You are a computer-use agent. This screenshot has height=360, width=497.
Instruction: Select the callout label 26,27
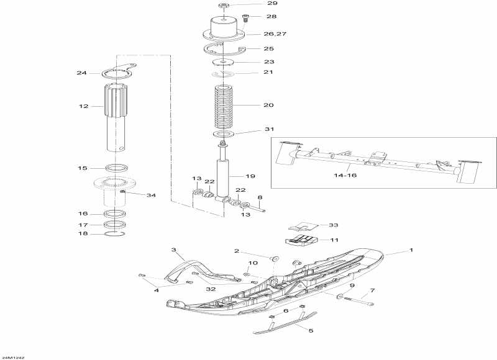pyautogui.click(x=258, y=34)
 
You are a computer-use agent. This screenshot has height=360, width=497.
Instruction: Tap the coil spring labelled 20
pyautogui.click(x=226, y=106)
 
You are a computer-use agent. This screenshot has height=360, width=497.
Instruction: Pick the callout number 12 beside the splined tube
pyautogui.click(x=84, y=106)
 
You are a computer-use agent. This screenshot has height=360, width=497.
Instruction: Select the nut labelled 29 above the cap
pyautogui.click(x=224, y=6)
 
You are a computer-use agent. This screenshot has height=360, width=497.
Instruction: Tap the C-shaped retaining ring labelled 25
pyautogui.click(x=225, y=50)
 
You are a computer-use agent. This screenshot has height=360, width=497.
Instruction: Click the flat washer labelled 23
pyautogui.click(x=225, y=62)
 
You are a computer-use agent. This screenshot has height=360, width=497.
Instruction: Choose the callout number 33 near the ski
pyautogui.click(x=334, y=225)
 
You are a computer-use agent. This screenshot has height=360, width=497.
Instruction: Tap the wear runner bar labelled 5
pyautogui.click(x=286, y=325)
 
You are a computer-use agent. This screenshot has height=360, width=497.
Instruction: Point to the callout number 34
pyautogui.click(x=151, y=196)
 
